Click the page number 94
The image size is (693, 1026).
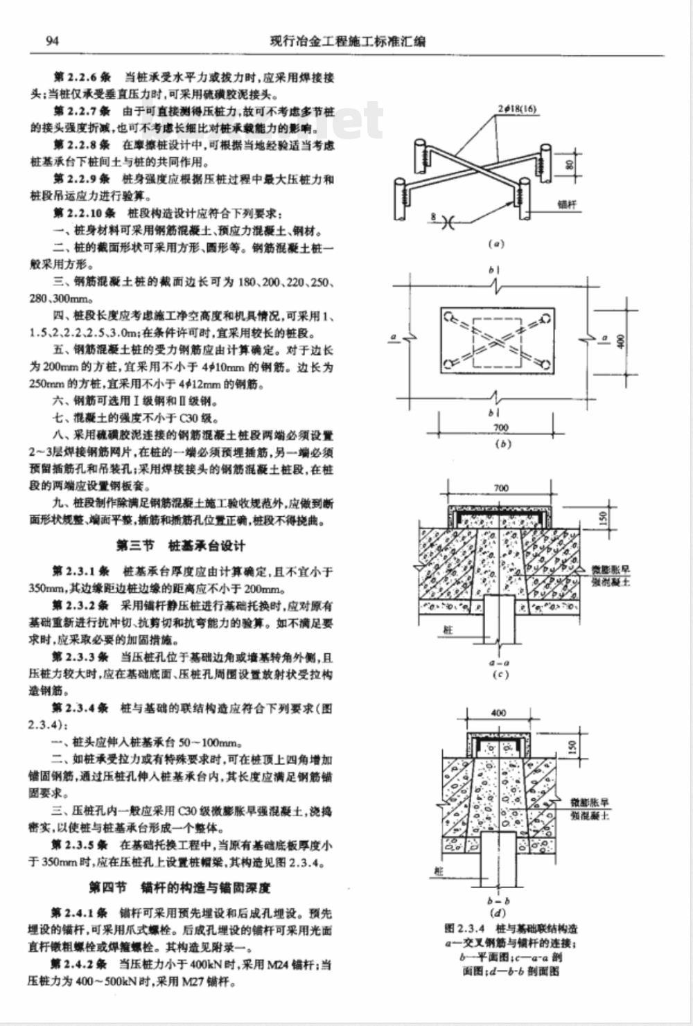(x=52, y=41)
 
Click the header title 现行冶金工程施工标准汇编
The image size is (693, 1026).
(x=347, y=42)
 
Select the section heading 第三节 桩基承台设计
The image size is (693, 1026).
(x=180, y=546)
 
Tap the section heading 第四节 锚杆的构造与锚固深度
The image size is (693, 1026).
(x=179, y=887)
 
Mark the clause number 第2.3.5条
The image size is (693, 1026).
(x=79, y=844)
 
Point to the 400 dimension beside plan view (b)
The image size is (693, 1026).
(x=621, y=341)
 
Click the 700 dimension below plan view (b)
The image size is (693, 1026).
(x=500, y=428)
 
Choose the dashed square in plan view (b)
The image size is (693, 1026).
(x=496, y=343)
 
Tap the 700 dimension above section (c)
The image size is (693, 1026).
(x=500, y=488)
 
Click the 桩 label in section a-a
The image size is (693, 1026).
(x=448, y=630)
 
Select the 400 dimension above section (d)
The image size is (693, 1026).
(x=498, y=712)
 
